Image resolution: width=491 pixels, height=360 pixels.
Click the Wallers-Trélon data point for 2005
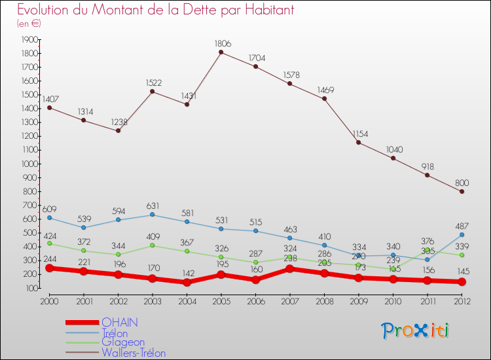221,52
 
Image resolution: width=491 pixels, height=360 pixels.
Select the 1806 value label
223,44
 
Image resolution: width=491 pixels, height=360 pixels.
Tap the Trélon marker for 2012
462,234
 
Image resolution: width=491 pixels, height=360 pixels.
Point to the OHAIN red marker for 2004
187,283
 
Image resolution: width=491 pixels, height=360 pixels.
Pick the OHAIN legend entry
120,323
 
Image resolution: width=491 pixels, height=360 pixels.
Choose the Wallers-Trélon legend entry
134,353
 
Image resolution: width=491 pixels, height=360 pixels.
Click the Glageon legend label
123,342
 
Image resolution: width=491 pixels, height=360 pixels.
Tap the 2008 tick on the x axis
324,300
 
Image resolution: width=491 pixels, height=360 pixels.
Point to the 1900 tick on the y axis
29,39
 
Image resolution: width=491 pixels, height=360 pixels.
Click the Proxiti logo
416,331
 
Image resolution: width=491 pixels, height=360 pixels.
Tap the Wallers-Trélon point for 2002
118,131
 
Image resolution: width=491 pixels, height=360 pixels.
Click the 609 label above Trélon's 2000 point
49,209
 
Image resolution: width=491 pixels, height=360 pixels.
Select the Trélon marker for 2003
153,215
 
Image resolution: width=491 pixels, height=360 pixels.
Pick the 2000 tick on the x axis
49,300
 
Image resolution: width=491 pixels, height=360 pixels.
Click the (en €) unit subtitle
29,24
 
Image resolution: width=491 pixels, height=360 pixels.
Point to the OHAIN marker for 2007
290,269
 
